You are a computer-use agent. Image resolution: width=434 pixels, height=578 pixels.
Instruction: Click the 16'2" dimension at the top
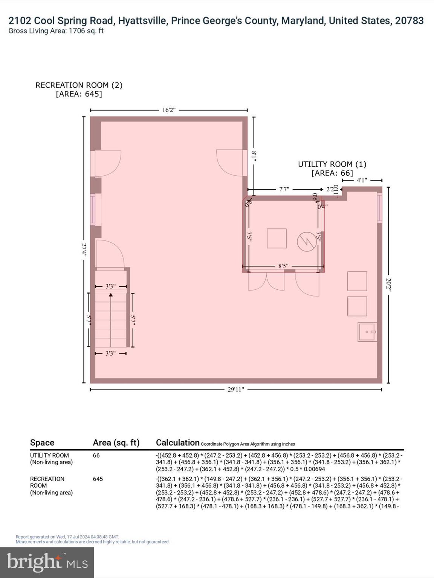pos(169,110)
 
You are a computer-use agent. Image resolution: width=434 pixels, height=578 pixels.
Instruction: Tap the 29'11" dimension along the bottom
pos(236,389)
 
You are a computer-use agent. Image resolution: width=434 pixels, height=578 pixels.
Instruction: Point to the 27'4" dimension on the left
pos(84,249)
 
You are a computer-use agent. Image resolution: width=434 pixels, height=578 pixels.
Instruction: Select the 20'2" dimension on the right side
pos(388,285)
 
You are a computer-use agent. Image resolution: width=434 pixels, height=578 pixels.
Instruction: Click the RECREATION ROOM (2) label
pos(79,85)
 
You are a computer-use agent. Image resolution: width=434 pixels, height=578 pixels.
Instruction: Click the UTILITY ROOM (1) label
pos(332,164)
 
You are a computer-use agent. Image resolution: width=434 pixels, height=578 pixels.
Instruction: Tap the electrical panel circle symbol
pos(307,242)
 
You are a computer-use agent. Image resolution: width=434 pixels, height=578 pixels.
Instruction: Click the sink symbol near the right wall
pos(367,332)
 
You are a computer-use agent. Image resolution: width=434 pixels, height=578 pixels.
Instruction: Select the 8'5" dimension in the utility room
pos(283,266)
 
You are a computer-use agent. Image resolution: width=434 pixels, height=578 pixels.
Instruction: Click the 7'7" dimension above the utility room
pos(284,189)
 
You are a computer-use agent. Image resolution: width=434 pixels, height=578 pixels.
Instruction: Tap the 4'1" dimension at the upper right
pos(362,180)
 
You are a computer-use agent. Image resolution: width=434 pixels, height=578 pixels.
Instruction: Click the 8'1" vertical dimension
pos(254,156)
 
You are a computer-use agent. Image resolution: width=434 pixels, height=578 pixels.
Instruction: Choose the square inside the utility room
pos(277,238)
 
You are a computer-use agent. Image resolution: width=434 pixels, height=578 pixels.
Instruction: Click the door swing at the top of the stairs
pos(110,254)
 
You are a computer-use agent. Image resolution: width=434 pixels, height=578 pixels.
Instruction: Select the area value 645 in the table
pos(98,479)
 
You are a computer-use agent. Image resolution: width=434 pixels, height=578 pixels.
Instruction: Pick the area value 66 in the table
pos(96,455)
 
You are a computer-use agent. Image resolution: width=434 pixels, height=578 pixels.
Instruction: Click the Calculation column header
pos(177,443)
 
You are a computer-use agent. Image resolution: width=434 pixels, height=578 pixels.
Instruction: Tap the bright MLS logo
pos(47,563)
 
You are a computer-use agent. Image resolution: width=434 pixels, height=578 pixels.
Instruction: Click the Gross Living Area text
pos(56,31)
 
